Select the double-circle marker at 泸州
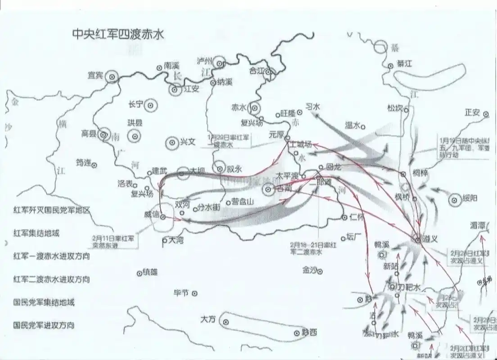220,62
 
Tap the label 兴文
188,141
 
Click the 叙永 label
234,170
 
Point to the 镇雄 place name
151,271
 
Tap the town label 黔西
310,333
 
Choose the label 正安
472,112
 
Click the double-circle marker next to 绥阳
455,198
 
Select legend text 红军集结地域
36,234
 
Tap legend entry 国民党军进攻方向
44,324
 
